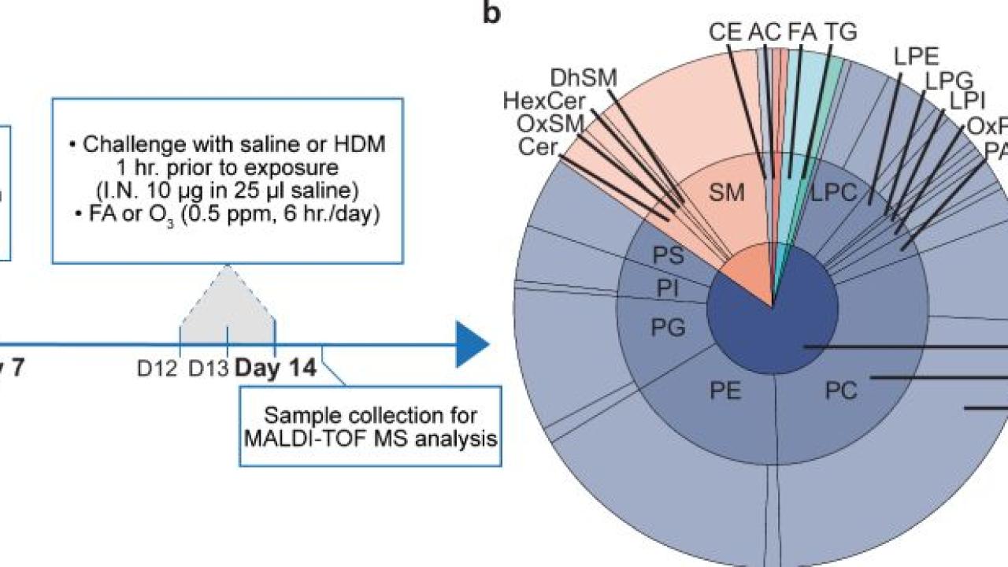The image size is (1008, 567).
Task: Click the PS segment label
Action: [669, 256]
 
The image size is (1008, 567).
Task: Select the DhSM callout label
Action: [584, 78]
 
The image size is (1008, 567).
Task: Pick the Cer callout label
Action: [539, 146]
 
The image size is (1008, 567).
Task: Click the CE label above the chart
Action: [724, 31]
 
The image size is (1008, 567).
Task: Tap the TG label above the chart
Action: [839, 31]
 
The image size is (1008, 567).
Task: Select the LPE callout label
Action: [917, 57]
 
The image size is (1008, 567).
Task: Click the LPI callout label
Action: [967, 102]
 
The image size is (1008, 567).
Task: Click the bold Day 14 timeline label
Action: [276, 367]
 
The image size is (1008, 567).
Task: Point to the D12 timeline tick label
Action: [156, 368]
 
